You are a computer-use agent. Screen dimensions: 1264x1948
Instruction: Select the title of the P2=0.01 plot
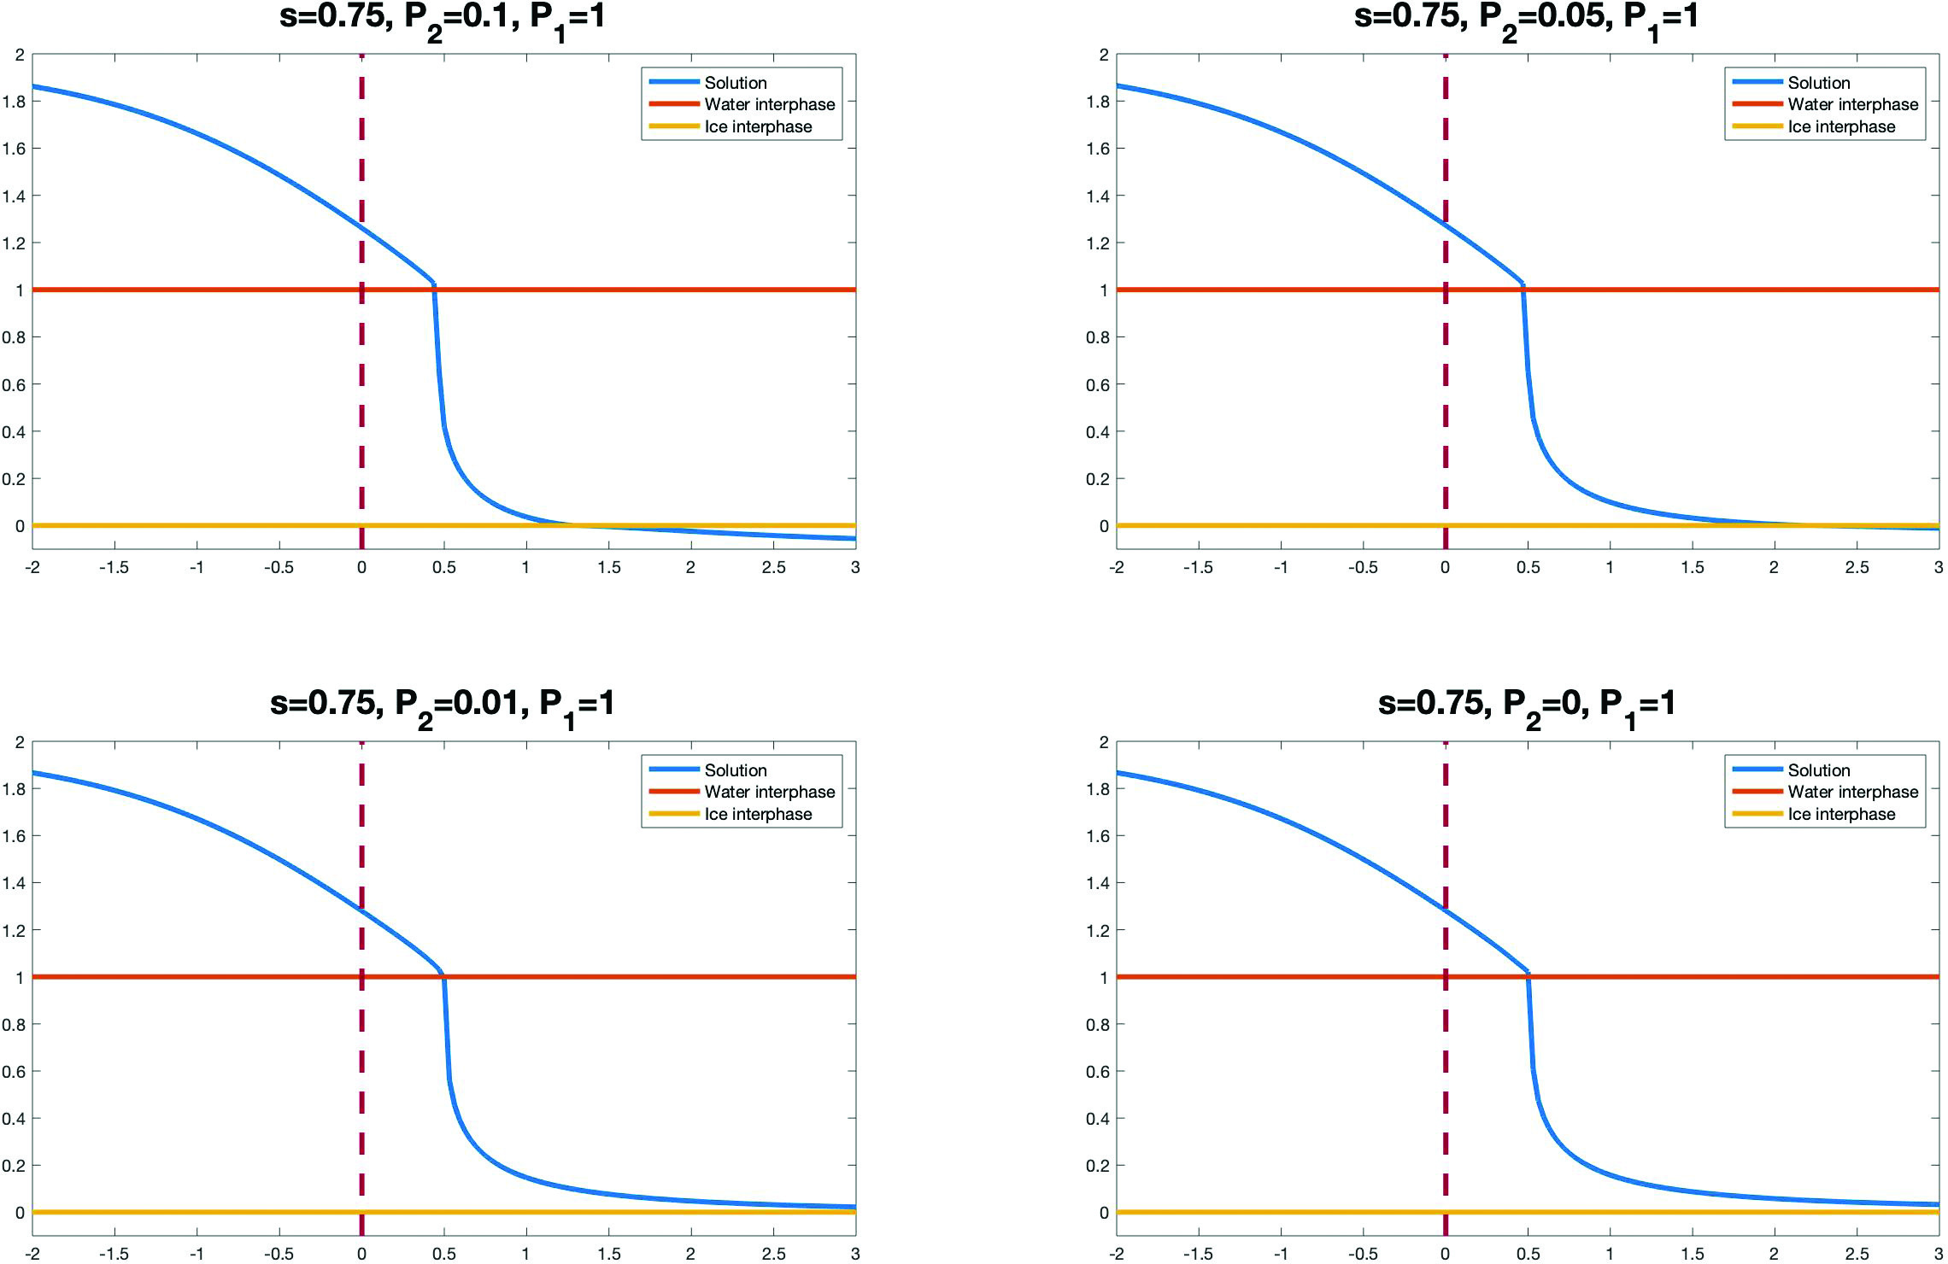[x=442, y=705]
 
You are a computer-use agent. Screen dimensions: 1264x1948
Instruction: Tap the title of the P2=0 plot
[x=1526, y=705]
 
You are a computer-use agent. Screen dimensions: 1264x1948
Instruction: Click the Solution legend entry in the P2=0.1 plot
[x=735, y=83]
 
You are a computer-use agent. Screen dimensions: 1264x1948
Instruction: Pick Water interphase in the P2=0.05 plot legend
[x=1852, y=105]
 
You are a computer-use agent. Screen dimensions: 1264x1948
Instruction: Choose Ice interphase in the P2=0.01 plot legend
[x=758, y=814]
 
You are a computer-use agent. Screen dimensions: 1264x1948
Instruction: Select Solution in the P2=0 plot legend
[x=1818, y=770]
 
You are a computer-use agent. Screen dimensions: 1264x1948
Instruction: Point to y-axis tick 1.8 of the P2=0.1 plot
[x=15, y=102]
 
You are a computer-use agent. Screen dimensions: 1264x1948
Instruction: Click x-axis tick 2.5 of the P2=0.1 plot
[x=773, y=568]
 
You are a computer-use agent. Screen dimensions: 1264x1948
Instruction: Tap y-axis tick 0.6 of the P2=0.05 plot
[x=1098, y=385]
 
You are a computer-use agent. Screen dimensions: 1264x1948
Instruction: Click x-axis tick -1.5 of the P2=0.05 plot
[x=1198, y=568]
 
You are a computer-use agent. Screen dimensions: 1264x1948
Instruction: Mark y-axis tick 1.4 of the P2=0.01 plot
[x=15, y=883]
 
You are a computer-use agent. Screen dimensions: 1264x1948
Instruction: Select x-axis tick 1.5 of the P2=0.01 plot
[x=608, y=1255]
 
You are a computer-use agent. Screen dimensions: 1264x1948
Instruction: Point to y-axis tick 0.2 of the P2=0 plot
[x=1098, y=1166]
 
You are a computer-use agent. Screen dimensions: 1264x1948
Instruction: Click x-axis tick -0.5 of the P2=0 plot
[x=1363, y=1255]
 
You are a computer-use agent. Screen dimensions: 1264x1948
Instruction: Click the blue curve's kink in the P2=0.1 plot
[x=434, y=284]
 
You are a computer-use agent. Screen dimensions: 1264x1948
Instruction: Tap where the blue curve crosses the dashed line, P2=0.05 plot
[x=1445, y=225]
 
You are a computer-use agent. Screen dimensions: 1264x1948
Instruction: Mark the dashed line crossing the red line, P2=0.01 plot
[x=361, y=977]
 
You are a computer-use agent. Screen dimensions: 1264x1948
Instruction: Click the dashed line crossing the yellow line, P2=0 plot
[x=1445, y=1212]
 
